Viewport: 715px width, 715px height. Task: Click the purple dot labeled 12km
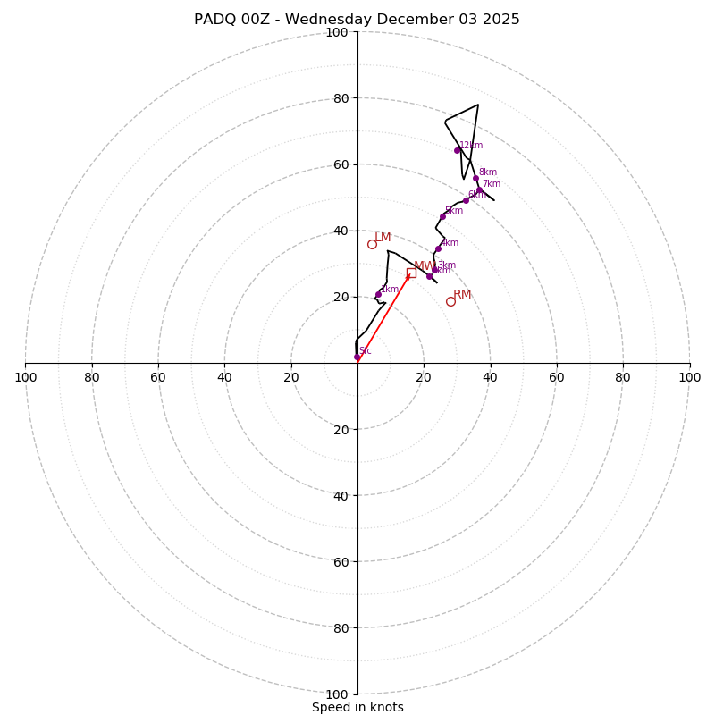pos(457,150)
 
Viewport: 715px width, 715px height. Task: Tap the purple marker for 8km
pos(475,179)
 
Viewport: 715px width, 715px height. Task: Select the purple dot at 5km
pos(442,216)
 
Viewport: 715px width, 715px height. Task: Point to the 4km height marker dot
pos(438,248)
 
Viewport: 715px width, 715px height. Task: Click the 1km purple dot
pos(378,295)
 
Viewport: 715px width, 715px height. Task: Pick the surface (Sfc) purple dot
pos(357,357)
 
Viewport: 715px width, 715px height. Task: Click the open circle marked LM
pos(372,244)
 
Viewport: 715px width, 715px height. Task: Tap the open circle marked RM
pos(450,301)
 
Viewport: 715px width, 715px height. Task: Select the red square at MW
pos(411,273)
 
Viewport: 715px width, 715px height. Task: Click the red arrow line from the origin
pos(384,315)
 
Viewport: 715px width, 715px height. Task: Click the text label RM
pos(462,294)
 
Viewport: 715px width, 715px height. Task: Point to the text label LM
pos(383,237)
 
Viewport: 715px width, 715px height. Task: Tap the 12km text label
pos(471,145)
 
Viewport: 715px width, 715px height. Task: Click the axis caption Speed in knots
pos(357,707)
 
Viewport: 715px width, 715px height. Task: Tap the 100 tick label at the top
pos(337,33)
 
